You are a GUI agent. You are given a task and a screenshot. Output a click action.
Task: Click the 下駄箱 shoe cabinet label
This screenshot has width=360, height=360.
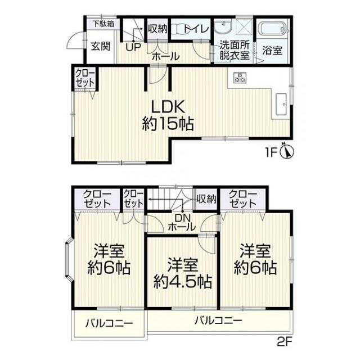tap(103, 24)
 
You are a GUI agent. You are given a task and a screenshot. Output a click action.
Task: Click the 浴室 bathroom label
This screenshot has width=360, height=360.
tap(272, 50)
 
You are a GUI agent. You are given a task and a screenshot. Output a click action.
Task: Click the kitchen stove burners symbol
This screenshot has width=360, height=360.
tap(240, 78)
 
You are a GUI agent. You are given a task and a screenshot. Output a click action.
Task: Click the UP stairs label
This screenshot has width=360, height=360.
tap(133, 47)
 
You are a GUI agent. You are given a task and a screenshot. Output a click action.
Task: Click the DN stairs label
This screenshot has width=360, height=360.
tap(181, 218)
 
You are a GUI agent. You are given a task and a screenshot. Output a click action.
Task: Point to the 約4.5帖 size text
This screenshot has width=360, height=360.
tap(183, 281)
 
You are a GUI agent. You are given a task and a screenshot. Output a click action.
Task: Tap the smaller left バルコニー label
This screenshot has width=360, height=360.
tap(109, 324)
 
